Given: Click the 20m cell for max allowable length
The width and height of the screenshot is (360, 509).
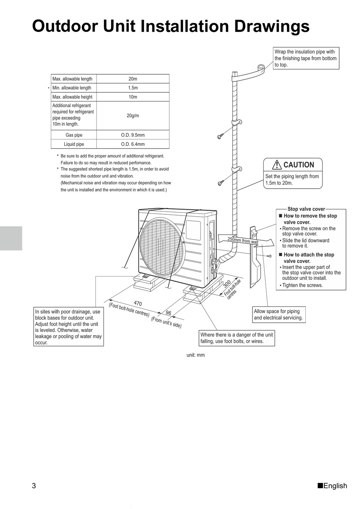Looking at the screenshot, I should [x=133, y=79].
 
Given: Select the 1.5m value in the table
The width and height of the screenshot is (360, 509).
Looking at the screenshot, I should [x=133, y=88].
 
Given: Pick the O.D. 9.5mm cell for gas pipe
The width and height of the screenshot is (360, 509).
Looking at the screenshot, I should [x=133, y=135].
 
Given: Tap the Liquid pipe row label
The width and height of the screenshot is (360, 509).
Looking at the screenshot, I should [x=74, y=144].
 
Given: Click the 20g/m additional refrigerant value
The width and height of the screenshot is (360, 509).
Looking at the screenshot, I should [x=133, y=116].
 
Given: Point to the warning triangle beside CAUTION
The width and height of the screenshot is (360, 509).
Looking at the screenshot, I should [x=277, y=165].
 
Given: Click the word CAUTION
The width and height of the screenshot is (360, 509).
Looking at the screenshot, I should [x=299, y=165].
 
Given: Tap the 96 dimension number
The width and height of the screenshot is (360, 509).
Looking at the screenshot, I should [x=169, y=313].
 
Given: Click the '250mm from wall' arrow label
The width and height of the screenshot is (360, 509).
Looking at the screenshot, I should [x=243, y=240].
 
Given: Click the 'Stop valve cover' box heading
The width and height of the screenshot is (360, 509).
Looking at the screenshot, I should [x=306, y=209].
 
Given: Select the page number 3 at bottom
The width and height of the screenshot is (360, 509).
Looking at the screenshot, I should [x=34, y=486].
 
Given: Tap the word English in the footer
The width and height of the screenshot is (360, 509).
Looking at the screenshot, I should [x=335, y=486].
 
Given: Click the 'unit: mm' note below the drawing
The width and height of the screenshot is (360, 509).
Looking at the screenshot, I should [x=196, y=355].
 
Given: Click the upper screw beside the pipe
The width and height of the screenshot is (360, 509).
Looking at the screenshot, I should [x=220, y=137].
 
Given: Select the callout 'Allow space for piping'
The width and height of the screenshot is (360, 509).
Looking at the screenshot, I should [x=279, y=314].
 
